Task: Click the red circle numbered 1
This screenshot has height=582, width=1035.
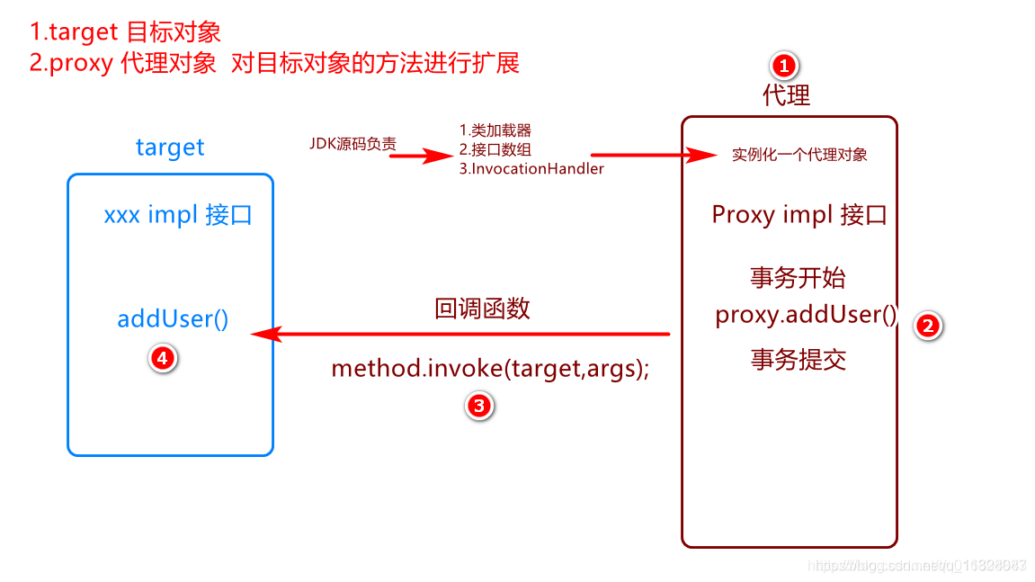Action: (784, 66)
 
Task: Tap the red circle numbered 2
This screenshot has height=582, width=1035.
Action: (927, 326)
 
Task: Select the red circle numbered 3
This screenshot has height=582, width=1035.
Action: (478, 406)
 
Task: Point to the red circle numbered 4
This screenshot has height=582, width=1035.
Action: (162, 358)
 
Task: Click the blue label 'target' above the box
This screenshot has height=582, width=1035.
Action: (170, 148)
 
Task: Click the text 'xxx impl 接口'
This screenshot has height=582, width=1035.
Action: (178, 216)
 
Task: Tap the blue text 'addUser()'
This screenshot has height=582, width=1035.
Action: (173, 318)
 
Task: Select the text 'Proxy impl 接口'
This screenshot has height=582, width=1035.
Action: (799, 215)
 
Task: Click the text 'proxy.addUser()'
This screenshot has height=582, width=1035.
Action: (807, 315)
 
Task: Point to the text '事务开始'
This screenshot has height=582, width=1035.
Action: (798, 277)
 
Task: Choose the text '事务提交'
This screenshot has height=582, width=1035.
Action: (798, 360)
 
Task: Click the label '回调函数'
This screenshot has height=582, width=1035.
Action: (482, 309)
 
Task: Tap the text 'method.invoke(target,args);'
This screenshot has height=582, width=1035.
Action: (490, 369)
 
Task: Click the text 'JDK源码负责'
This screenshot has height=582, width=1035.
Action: (352, 143)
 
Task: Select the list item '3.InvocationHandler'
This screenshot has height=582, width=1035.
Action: (531, 168)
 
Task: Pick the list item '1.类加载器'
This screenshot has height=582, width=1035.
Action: (495, 131)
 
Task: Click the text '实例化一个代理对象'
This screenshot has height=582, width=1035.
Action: (799, 155)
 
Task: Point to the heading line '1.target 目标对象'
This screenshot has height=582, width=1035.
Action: (125, 32)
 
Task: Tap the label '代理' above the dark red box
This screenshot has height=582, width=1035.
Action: (786, 95)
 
